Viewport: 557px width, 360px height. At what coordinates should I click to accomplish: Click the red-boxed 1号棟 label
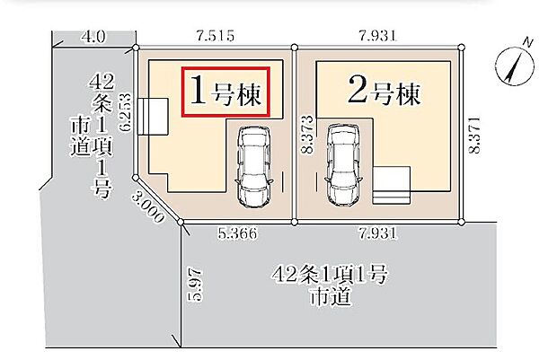coord(226,91)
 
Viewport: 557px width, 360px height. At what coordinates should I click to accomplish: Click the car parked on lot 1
coord(253,166)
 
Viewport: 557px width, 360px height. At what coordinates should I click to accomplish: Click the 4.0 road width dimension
coord(93,37)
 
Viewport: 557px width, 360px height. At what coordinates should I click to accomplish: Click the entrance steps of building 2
coord(392,186)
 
